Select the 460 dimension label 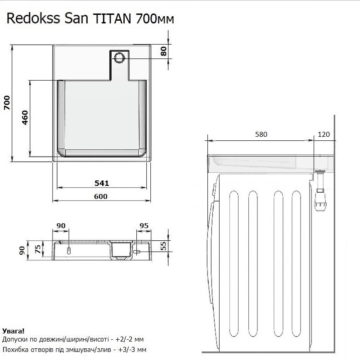(x=25, y=118)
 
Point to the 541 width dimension (x=103, y=183)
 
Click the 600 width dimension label (x=101, y=196)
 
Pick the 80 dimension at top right (x=164, y=51)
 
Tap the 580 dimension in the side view (x=261, y=135)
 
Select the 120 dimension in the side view (x=324, y=135)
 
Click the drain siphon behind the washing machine (x=320, y=193)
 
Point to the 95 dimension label (x=144, y=225)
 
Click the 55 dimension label (x=164, y=246)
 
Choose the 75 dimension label (x=38, y=247)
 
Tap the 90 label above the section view (x=61, y=225)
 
